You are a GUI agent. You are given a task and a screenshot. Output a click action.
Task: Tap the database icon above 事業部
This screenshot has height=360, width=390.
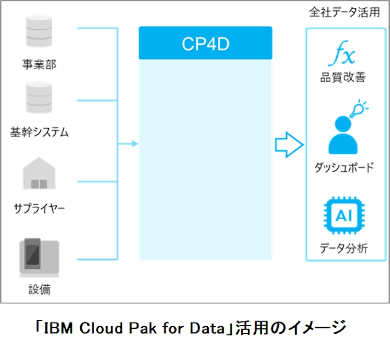pos(40,33)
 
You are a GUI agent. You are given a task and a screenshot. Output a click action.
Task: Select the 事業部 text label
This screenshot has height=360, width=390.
pos(40,64)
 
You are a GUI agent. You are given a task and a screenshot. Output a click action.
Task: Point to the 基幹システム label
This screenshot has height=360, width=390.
pos(40,133)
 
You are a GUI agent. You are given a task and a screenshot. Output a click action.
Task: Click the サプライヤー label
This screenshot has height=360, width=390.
pos(40,208)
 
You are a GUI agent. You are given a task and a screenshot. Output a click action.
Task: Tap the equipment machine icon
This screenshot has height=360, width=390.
pos(39,256)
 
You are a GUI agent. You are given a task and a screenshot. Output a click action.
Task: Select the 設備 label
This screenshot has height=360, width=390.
pos(40,289)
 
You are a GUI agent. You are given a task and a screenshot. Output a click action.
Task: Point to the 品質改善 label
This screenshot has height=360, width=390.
pos(343,77)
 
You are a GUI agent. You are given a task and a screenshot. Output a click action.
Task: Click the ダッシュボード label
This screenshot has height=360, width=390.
pos(344,167)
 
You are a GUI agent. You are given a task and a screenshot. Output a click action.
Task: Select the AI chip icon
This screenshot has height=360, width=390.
pos(343,217)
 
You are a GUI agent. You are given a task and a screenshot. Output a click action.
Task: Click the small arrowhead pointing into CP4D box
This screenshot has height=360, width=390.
pos(135,144)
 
